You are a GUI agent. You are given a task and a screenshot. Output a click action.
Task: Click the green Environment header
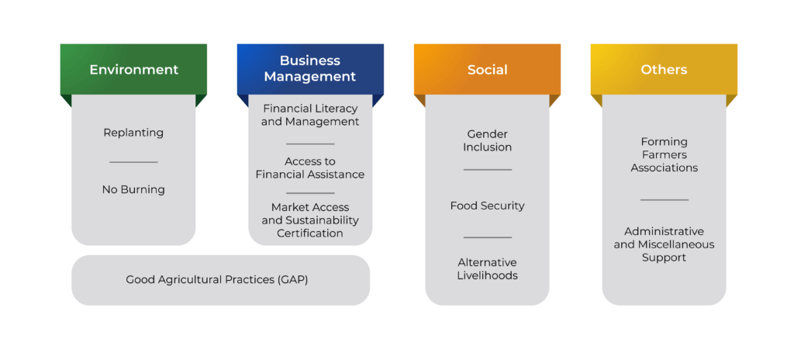pyautogui.click(x=133, y=70)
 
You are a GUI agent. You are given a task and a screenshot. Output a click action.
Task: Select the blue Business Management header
pyautogui.click(x=310, y=69)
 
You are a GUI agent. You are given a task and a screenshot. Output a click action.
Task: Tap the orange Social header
pyautogui.click(x=487, y=70)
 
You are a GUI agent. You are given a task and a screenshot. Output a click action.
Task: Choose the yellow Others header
pyautogui.click(x=664, y=70)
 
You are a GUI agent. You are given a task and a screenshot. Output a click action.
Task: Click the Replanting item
pyautogui.click(x=133, y=133)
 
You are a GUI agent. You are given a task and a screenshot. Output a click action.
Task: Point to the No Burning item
pyautogui.click(x=133, y=189)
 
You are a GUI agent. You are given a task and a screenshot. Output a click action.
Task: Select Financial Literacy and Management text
pyautogui.click(x=310, y=115)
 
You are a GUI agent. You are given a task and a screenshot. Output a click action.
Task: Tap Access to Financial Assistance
pyautogui.click(x=310, y=168)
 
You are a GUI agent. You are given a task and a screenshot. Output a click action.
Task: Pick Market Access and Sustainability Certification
pyautogui.click(x=310, y=220)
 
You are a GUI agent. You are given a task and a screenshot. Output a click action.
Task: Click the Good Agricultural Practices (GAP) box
pyautogui.click(x=217, y=279)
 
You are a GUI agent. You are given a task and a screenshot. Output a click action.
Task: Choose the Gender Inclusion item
pyautogui.click(x=487, y=140)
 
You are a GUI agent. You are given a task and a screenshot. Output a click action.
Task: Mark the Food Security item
pyautogui.click(x=487, y=206)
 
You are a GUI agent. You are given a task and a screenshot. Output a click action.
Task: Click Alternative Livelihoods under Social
pyautogui.click(x=487, y=268)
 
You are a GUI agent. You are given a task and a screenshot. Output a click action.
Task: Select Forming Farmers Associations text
pyautogui.click(x=664, y=154)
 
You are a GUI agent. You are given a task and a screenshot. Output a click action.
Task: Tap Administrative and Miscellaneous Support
pyautogui.click(x=664, y=244)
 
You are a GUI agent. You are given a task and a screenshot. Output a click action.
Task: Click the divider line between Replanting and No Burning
pyautogui.click(x=133, y=162)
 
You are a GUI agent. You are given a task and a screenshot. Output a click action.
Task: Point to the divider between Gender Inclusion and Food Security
pyautogui.click(x=487, y=170)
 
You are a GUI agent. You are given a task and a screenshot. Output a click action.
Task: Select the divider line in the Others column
pyautogui.click(x=664, y=200)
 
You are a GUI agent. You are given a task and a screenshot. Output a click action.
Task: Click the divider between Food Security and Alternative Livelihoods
pyautogui.click(x=487, y=237)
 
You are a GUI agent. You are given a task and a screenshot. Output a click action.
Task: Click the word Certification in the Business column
pyautogui.click(x=310, y=233)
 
